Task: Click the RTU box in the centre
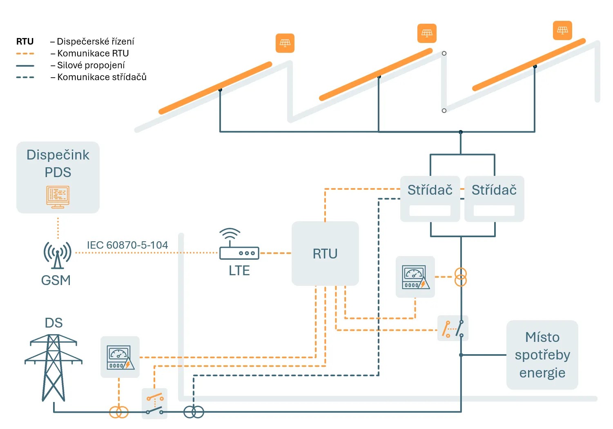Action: click(325, 254)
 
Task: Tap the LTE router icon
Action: click(239, 245)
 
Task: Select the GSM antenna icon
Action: click(58, 255)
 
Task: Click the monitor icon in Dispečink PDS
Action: click(58, 197)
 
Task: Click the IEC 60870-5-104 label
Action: click(127, 245)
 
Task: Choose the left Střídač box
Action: click(430, 199)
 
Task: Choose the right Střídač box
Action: click(494, 199)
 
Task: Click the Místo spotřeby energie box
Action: click(542, 355)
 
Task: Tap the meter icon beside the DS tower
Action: click(120, 357)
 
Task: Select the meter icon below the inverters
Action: click(415, 277)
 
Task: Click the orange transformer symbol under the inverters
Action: click(461, 277)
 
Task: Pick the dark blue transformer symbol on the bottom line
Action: click(194, 412)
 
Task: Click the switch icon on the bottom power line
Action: click(155, 404)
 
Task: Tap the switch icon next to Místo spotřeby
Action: click(453, 328)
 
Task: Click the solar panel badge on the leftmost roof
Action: click(285, 43)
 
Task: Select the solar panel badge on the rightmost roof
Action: click(562, 30)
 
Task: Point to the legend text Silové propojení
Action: click(91, 65)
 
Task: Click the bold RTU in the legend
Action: click(25, 41)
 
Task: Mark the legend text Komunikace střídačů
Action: click(102, 77)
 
